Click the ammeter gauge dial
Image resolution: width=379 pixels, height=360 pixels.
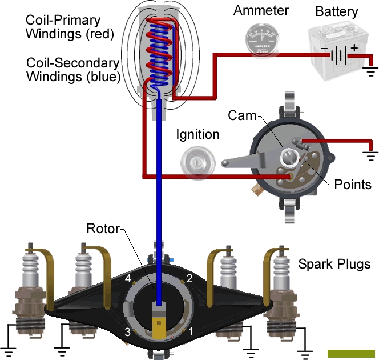[x=261, y=39]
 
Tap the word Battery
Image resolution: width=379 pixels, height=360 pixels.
[x=336, y=11]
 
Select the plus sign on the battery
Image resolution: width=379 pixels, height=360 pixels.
[x=354, y=47]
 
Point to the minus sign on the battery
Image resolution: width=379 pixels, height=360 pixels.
[x=324, y=49]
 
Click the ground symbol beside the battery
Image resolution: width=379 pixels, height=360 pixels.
[x=370, y=71]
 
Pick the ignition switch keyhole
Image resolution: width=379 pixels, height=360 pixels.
[x=197, y=163]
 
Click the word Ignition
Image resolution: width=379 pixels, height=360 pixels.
[x=197, y=134]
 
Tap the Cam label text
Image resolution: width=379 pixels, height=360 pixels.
[x=242, y=115]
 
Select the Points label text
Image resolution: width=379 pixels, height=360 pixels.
[x=353, y=185]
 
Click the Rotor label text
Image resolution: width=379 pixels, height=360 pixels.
[x=103, y=229]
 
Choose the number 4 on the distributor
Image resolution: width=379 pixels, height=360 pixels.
[x=128, y=278]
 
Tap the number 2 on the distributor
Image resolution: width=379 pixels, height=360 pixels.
[x=189, y=278]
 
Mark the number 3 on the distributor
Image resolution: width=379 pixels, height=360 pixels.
[x=128, y=332]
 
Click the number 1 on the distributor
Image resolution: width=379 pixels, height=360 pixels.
[x=191, y=331]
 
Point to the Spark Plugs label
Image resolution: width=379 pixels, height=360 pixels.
[x=334, y=264]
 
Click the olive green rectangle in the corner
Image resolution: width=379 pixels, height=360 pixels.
[x=351, y=354]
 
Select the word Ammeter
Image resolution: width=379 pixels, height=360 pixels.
[x=261, y=10]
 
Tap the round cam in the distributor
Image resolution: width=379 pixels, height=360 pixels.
[x=289, y=158]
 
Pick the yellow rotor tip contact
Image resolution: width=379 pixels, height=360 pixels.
[x=159, y=327]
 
